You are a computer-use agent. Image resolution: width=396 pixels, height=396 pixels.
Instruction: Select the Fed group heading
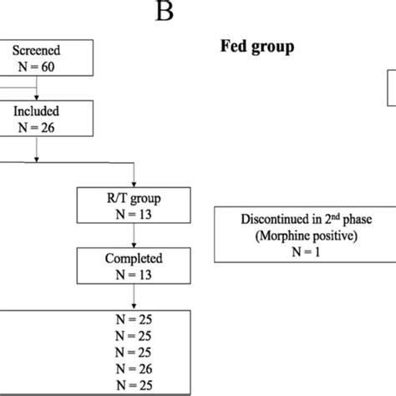251,47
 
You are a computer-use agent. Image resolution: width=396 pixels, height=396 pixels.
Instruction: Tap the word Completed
134,259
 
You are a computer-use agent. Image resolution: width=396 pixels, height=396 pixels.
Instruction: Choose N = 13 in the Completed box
134,275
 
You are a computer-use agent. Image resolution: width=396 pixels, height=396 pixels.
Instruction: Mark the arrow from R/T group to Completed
134,237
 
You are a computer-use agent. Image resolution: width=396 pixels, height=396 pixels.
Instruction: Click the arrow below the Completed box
134,298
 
